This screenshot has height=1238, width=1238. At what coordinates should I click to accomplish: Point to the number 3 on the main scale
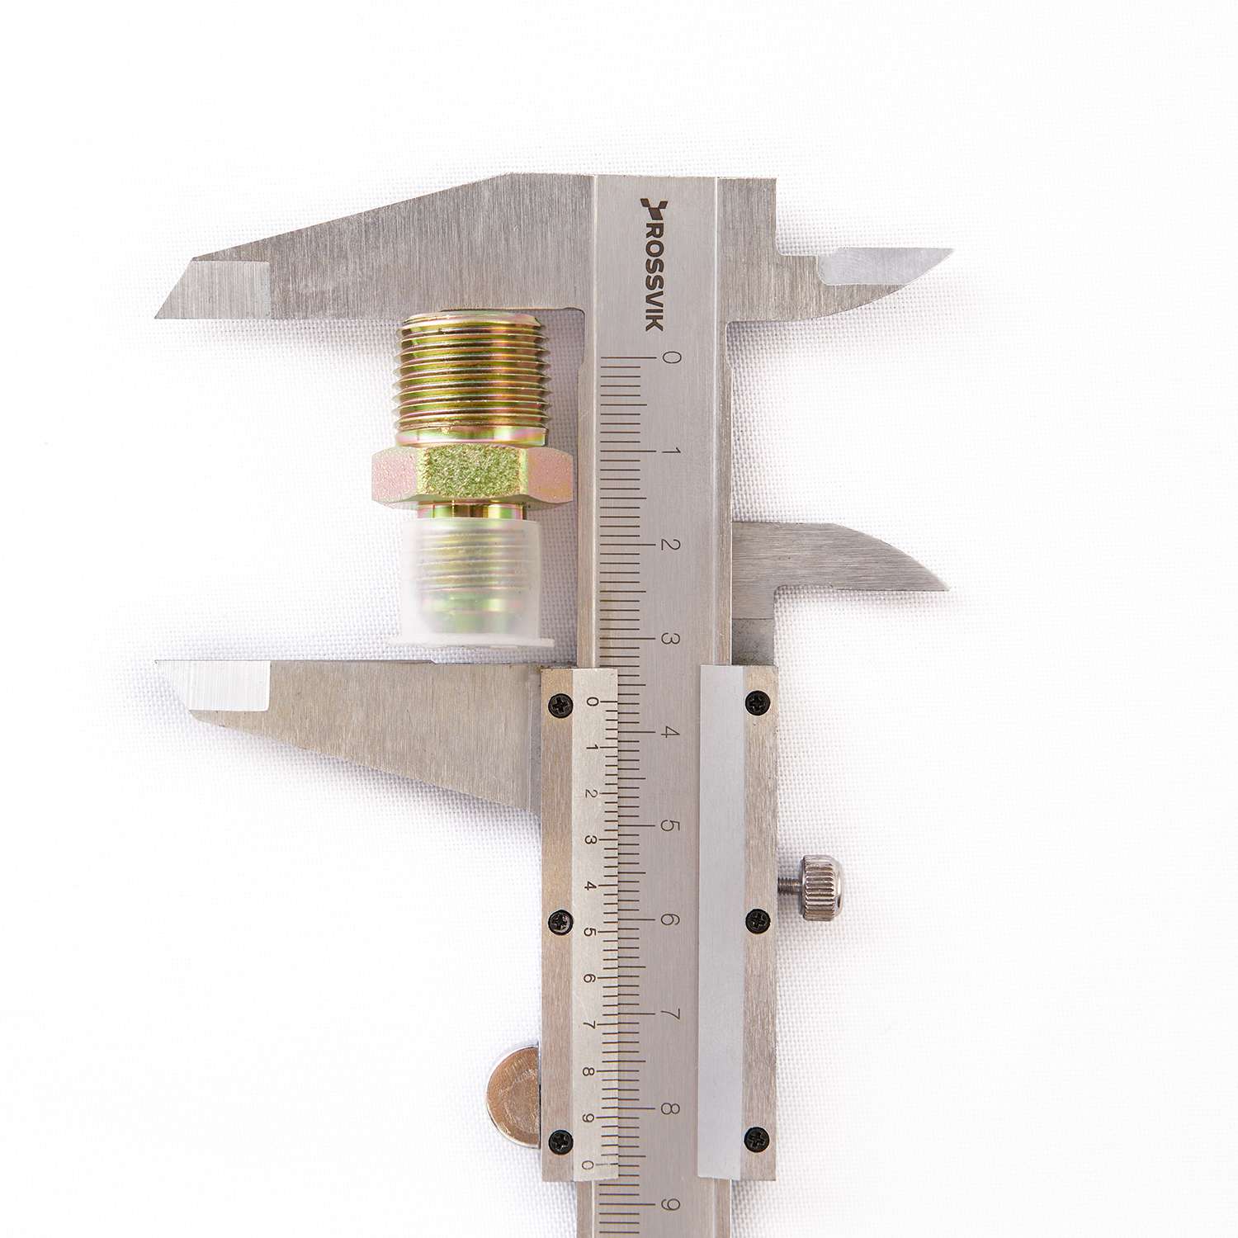pos(671,640)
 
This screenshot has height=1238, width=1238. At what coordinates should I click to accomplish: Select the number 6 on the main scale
pos(671,920)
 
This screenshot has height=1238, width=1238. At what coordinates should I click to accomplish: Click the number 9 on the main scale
pos(671,1206)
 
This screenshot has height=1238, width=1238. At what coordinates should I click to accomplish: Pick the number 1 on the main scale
pos(671,452)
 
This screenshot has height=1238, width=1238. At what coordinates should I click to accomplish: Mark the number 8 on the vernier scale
pos(590,1072)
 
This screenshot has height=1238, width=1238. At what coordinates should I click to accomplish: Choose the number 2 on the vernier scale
pos(590,792)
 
